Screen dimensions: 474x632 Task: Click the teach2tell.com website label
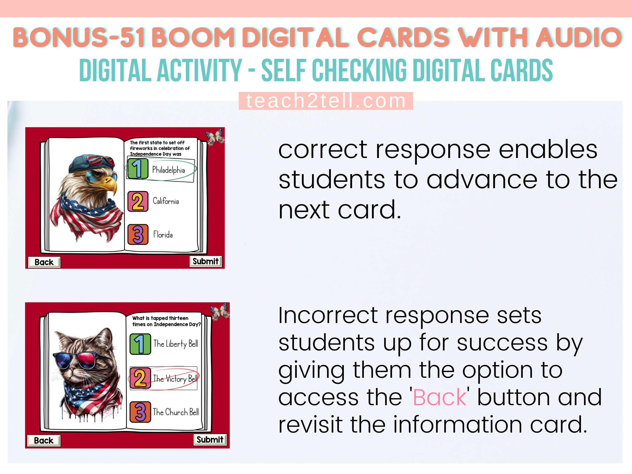pos(326,101)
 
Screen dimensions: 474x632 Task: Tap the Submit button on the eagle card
pos(206,261)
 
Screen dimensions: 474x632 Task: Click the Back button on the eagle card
pos(44,262)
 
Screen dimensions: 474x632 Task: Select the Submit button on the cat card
pos(210,439)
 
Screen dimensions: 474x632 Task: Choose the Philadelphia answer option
pos(168,170)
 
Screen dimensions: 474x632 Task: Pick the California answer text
pos(166,201)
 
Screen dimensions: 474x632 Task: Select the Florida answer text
pos(163,235)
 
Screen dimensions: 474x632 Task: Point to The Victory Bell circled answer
pos(175,378)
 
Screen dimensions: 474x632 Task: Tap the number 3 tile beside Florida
pos(138,235)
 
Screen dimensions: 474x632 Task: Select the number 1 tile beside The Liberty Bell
pos(140,344)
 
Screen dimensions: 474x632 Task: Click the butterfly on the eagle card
pos(215,137)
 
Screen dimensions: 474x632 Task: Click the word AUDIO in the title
pos(579,37)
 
